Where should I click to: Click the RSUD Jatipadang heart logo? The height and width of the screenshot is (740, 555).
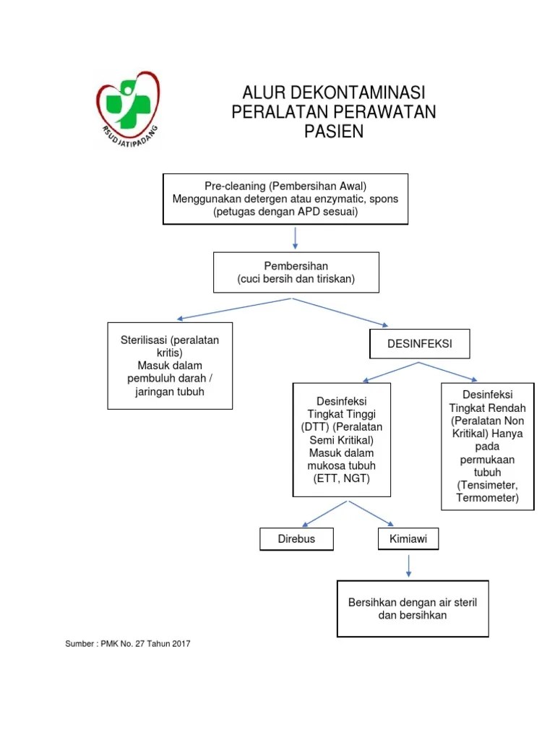click(128, 109)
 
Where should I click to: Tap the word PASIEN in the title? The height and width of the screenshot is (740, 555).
click(334, 132)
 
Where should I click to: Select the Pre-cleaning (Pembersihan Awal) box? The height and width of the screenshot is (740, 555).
click(285, 199)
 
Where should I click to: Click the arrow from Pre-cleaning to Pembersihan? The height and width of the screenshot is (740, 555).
click(295, 238)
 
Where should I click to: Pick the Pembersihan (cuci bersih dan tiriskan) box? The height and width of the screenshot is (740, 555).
click(296, 272)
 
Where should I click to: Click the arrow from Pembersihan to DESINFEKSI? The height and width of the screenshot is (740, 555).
click(340, 312)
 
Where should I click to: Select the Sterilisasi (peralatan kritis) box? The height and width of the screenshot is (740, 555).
click(170, 366)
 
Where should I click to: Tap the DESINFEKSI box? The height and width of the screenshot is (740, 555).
click(420, 343)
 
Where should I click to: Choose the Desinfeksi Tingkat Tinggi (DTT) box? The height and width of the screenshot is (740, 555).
click(342, 439)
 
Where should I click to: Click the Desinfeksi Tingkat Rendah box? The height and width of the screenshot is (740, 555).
click(488, 446)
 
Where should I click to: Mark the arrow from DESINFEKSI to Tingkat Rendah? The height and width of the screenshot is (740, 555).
click(448, 371)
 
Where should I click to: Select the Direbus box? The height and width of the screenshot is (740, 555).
click(296, 538)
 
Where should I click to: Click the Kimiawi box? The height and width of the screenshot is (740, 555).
click(408, 538)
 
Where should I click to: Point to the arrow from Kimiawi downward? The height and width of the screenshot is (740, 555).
click(408, 566)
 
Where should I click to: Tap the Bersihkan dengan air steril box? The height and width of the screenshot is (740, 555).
click(413, 608)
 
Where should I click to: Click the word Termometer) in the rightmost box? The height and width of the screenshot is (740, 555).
click(488, 498)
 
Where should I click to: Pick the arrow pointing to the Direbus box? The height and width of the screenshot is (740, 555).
click(325, 514)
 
